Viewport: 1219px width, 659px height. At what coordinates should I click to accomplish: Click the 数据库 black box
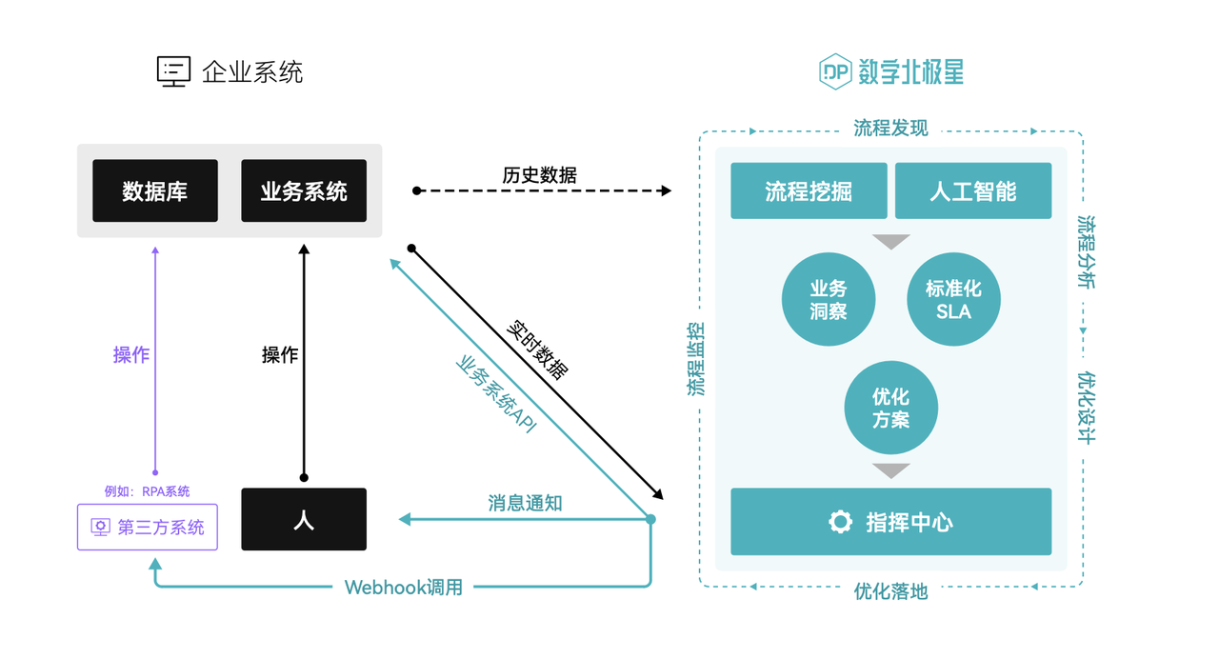coord(155,191)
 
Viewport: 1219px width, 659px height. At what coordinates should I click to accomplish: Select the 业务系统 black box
coord(304,191)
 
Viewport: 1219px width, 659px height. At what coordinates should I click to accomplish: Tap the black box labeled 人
coord(304,519)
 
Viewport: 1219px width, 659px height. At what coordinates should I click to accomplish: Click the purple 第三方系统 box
coord(148,527)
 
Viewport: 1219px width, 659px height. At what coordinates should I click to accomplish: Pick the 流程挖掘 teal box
coord(809,191)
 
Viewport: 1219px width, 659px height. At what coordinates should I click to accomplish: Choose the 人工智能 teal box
coord(973,191)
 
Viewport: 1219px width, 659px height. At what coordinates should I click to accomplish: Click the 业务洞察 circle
coord(829,299)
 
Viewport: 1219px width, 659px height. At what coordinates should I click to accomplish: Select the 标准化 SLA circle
coord(953,299)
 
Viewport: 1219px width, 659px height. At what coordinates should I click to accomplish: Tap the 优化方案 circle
coord(890,408)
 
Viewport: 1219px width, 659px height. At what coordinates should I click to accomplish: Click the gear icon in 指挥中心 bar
coord(840,522)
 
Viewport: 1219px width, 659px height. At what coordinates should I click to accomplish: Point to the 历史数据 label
coord(539,175)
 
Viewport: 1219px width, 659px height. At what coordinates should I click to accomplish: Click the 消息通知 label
coord(525,503)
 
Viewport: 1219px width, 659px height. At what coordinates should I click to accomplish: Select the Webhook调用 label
coord(404,588)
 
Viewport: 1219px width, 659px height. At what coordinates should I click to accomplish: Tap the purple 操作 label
coord(131,355)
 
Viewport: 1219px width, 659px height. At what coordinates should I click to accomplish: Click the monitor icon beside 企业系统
coord(173,72)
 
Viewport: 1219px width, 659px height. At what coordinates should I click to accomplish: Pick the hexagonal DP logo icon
coord(835,71)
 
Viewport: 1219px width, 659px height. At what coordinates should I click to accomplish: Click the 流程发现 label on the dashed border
coord(890,129)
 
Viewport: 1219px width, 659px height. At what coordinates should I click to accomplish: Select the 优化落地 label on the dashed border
coord(890,591)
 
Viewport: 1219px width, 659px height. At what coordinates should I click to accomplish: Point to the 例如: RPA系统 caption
coord(147,491)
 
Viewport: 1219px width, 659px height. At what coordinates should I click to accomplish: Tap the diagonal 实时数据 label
coord(537,350)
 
